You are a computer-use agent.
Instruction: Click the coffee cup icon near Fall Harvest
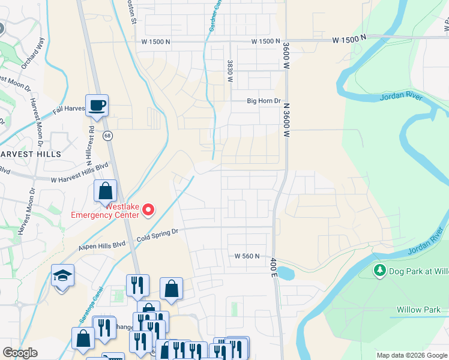(97, 106)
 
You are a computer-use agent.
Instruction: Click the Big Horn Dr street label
(264, 101)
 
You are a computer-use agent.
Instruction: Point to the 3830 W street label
(230, 70)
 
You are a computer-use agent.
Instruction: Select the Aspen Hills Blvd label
(103, 245)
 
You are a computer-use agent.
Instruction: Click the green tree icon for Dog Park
(379, 271)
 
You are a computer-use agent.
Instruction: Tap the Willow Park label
(418, 310)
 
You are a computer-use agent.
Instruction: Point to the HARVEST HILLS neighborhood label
(31, 154)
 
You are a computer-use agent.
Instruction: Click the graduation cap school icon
(62, 276)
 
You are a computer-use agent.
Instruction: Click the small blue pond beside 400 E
(285, 273)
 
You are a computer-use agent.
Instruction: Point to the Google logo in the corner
(20, 353)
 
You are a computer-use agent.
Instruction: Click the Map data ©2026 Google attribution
(412, 355)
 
